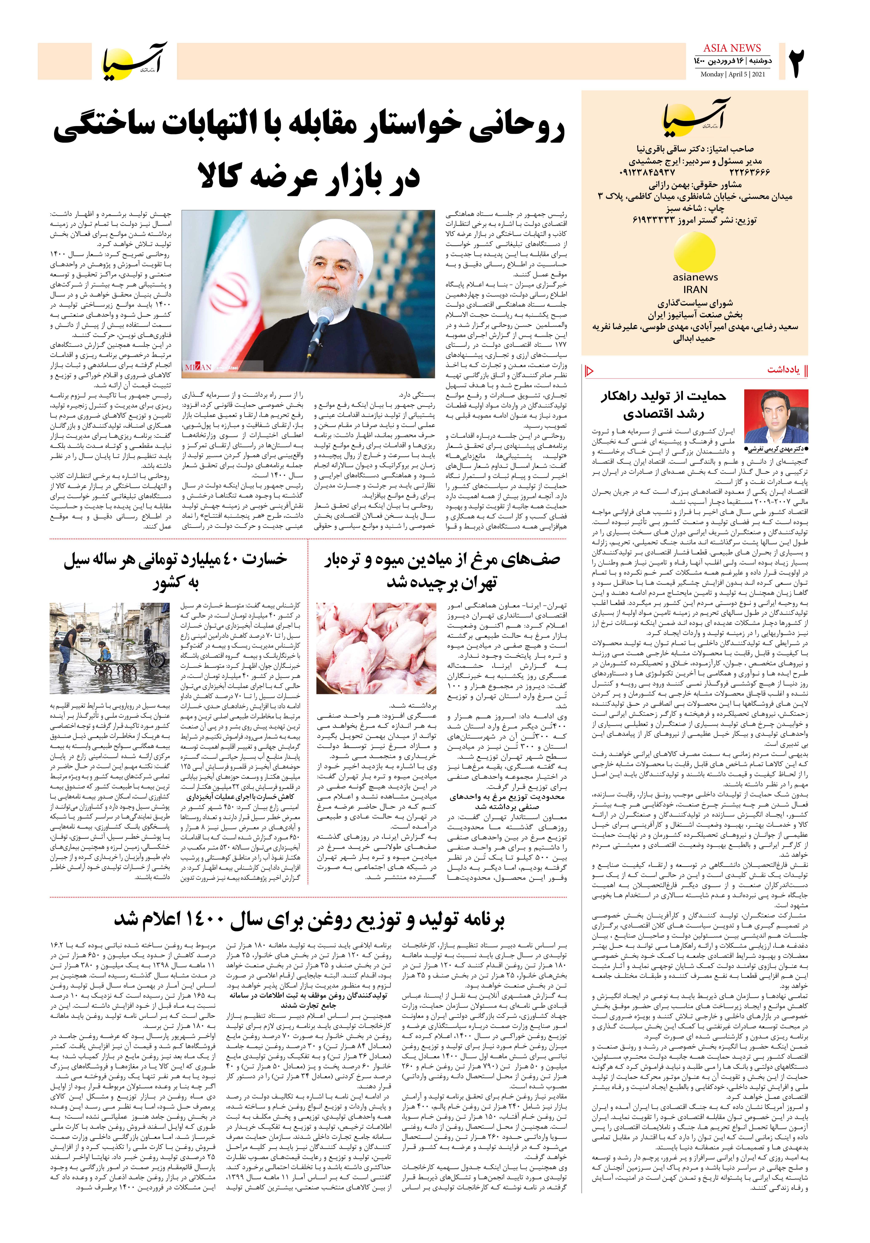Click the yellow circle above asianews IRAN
695,252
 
